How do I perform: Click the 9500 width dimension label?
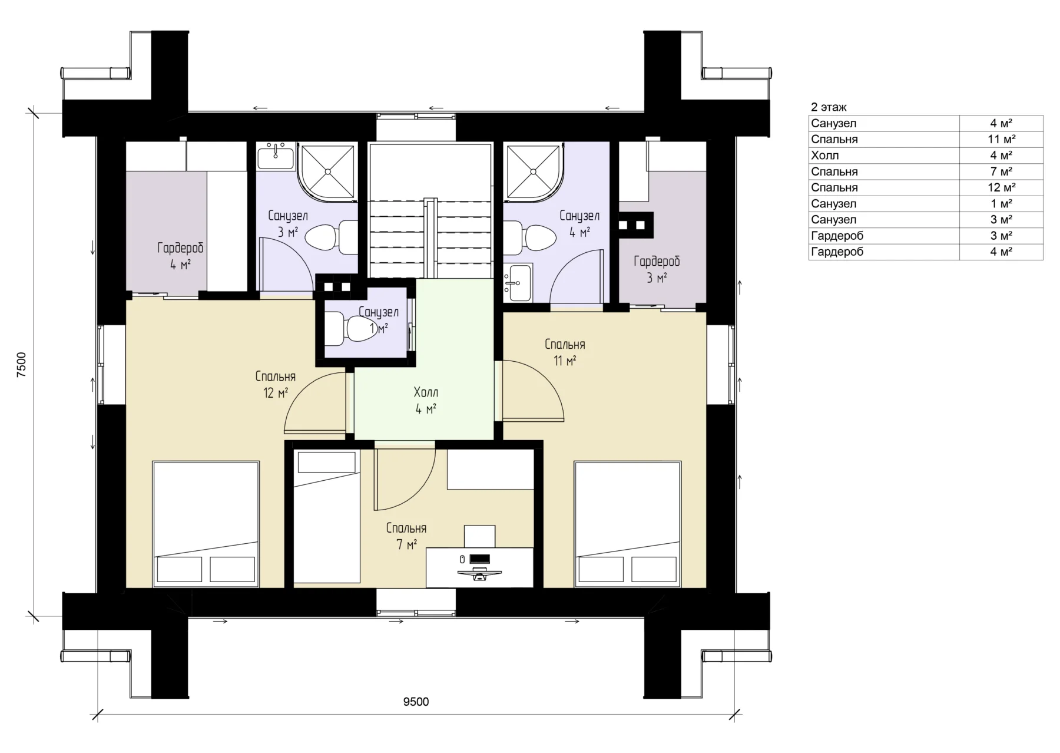[416, 702]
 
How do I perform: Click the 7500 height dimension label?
[21, 365]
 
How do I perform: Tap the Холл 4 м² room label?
[426, 401]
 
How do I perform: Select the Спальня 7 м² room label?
[406, 536]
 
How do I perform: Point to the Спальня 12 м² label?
[276, 384]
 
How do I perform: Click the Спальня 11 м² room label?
[565, 352]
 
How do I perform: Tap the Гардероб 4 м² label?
[180, 256]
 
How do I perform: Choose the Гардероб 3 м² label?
[657, 269]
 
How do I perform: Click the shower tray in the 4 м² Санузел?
[532, 171]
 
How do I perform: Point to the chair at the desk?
[479, 536]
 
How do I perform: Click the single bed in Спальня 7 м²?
[326, 516]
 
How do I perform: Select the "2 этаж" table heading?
[829, 107]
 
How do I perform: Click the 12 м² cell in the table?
[1001, 187]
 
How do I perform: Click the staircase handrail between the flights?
[430, 238]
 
